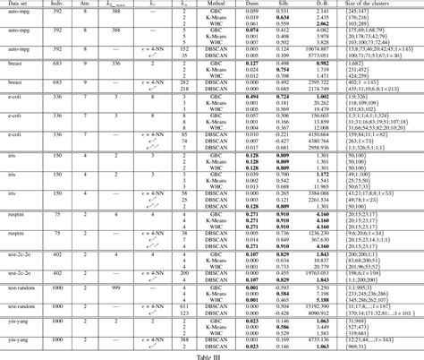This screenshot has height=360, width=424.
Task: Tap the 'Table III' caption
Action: [x=212, y=355]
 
